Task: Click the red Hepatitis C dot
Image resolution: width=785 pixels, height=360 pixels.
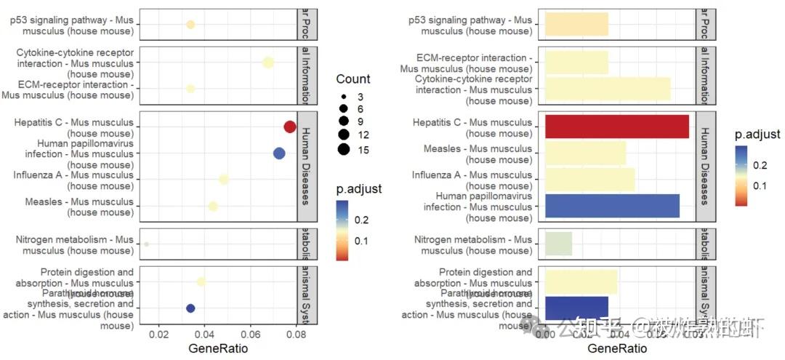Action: pyautogui.click(x=289, y=127)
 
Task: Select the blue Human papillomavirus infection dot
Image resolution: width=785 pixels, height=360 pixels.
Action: pyautogui.click(x=279, y=153)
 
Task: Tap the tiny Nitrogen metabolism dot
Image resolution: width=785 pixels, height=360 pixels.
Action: pyautogui.click(x=147, y=244)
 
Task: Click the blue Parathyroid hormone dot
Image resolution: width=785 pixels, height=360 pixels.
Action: pyautogui.click(x=190, y=308)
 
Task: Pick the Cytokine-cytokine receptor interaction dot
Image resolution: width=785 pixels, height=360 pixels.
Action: pyautogui.click(x=268, y=63)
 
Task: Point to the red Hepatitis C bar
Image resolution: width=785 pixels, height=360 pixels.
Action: pyautogui.click(x=616, y=127)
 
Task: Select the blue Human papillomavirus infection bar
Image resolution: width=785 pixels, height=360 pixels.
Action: pyautogui.click(x=611, y=206)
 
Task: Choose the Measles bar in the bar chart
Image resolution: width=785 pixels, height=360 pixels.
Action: pyautogui.click(x=584, y=153)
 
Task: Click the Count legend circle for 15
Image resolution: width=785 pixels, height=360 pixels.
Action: pyautogui.click(x=343, y=150)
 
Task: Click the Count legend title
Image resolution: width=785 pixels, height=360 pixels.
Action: pyautogui.click(x=353, y=79)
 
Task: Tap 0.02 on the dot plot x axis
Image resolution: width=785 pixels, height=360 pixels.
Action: pyautogui.click(x=159, y=335)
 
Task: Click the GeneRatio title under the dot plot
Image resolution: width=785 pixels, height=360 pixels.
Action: pyautogui.click(x=218, y=349)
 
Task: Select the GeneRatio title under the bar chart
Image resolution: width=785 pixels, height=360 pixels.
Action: pyautogui.click(x=617, y=349)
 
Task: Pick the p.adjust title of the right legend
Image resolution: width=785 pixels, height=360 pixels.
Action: pyautogui.click(x=757, y=135)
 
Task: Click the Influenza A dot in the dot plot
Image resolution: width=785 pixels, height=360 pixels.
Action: pyautogui.click(x=224, y=180)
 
